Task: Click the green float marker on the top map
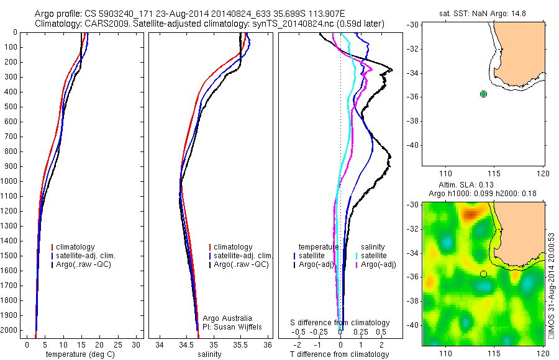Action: (484, 94)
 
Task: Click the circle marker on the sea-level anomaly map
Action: (483, 274)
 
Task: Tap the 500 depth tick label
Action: (11, 107)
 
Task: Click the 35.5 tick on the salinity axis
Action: (240, 344)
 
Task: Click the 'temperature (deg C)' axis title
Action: (79, 354)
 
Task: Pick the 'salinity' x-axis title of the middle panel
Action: (209, 354)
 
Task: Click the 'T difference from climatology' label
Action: (340, 354)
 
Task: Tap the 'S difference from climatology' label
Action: (340, 323)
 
